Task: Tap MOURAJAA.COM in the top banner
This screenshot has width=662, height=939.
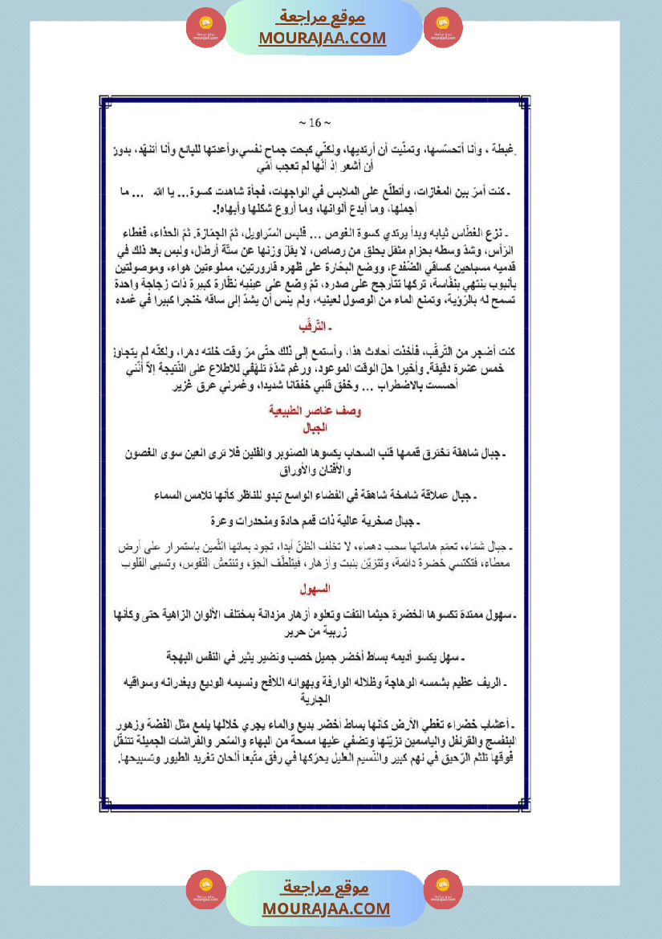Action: (x=323, y=38)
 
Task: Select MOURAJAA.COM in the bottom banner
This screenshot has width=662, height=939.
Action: (x=326, y=908)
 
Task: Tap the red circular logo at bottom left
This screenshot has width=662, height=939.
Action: (x=206, y=889)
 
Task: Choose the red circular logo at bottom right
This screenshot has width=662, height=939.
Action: (x=443, y=889)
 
